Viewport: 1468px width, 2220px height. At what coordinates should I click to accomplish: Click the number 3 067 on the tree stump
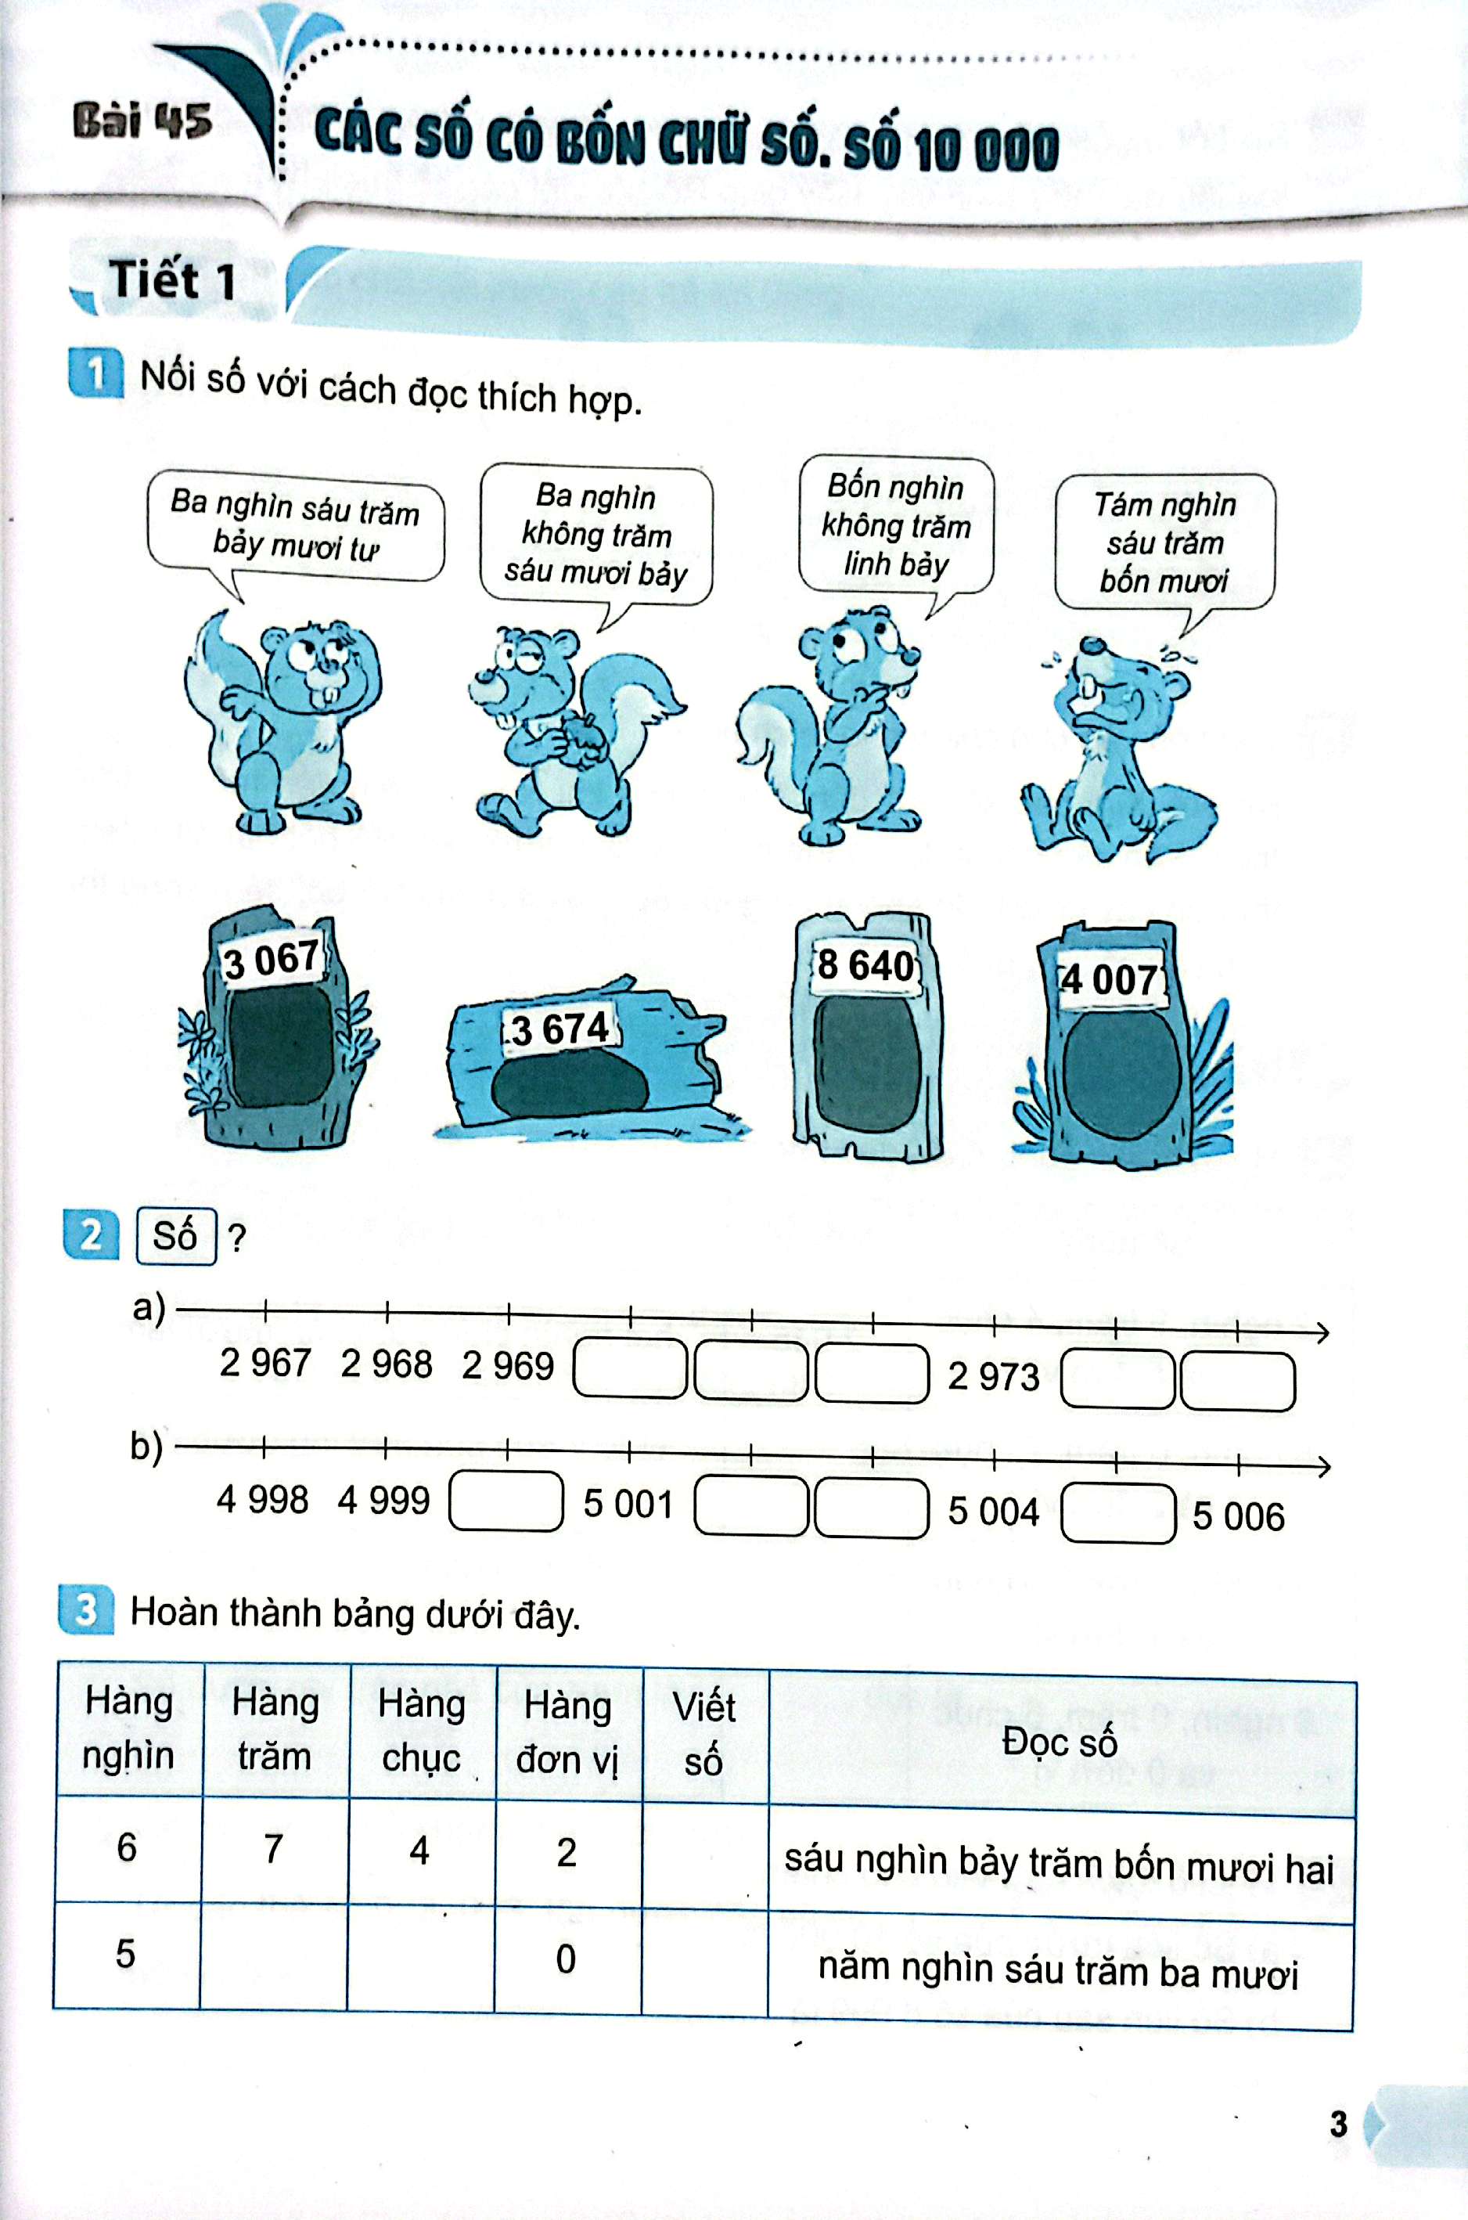coord(271,960)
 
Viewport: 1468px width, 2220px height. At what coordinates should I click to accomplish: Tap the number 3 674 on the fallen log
coord(559,1029)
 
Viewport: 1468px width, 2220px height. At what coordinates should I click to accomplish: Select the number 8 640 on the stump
coord(865,965)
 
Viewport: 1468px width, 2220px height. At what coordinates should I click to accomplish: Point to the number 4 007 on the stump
coord(1111,980)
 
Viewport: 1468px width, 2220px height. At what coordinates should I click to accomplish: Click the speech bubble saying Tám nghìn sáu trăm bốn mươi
coord(1164,542)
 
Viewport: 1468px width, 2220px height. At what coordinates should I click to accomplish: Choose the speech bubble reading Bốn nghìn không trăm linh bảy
coord(896,525)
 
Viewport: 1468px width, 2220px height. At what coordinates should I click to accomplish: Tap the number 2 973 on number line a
coord(993,1375)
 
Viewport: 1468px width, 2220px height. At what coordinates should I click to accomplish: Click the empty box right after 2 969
coord(630,1368)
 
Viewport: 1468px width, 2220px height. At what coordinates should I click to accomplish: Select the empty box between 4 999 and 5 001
coord(506,1501)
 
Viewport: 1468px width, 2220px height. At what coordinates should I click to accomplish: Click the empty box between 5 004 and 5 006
coord(1118,1512)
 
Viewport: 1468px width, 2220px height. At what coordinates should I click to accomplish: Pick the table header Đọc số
coord(1060,1742)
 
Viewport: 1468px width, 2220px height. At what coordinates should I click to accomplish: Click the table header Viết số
coord(704,1734)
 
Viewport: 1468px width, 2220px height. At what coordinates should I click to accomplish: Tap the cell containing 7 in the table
coord(273,1848)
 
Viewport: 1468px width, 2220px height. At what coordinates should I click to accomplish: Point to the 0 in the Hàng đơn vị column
coord(566,1959)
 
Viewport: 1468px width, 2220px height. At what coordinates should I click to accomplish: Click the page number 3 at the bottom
coord(1339,2124)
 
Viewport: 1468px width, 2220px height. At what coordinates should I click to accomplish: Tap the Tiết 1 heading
coord(171,280)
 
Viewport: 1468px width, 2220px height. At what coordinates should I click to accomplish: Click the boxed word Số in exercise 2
coord(176,1236)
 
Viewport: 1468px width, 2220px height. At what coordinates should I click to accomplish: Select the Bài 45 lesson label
coord(142,121)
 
